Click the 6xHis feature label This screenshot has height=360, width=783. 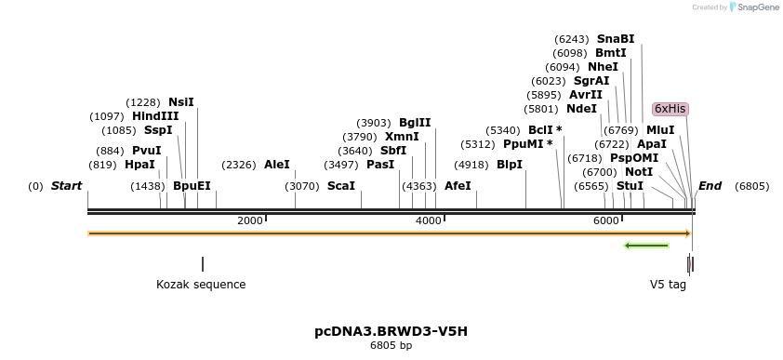pyautogui.click(x=670, y=109)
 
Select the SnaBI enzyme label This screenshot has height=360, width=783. pyautogui.click(x=616, y=39)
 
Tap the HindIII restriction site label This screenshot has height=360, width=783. pyautogui.click(x=155, y=116)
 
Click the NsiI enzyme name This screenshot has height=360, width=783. pyautogui.click(x=181, y=102)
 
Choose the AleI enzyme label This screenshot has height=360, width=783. pyautogui.click(x=277, y=165)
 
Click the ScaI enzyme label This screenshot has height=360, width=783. pyautogui.click(x=341, y=186)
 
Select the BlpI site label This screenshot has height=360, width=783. pyautogui.click(x=510, y=165)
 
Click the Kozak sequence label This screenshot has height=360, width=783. pyautogui.click(x=201, y=285)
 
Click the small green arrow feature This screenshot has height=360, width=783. pyautogui.click(x=646, y=246)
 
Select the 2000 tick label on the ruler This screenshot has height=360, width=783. pyautogui.click(x=250, y=220)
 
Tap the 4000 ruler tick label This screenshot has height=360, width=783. pyautogui.click(x=428, y=220)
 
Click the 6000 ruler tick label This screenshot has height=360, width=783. pyautogui.click(x=605, y=220)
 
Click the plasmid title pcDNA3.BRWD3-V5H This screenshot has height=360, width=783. pyautogui.click(x=391, y=331)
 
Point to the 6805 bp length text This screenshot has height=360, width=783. pyautogui.click(x=391, y=346)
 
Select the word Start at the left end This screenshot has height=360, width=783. pyautogui.click(x=66, y=186)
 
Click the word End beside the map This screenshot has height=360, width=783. pyautogui.click(x=710, y=186)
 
